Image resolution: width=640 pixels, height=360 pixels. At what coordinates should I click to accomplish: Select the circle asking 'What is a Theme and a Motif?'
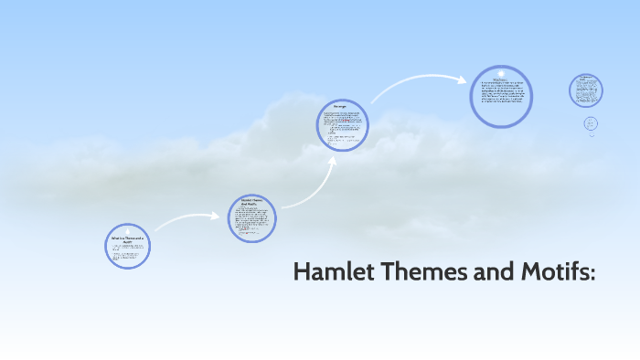pos(128,246)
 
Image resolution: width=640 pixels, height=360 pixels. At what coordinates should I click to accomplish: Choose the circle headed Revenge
pos(343,125)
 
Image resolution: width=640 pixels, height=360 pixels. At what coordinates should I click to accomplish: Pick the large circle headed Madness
pos(501,96)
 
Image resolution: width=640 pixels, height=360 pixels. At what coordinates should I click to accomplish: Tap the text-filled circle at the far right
pos(586,90)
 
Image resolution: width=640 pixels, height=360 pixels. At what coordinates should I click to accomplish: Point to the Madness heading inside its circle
pos(501,79)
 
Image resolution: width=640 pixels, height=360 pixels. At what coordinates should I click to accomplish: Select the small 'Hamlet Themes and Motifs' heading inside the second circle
pos(252,201)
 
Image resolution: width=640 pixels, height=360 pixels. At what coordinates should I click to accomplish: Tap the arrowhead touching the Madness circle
pos(462,79)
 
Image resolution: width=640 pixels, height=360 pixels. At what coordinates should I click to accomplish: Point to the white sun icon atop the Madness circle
pos(501,71)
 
